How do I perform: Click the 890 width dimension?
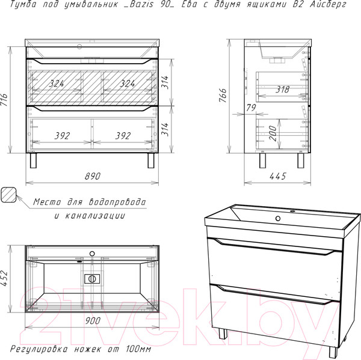93,176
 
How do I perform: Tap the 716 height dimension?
4,100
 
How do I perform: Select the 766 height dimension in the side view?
223,95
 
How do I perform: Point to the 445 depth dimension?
277,176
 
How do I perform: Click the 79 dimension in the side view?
251,108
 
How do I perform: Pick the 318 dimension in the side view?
283,90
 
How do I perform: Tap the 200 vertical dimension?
273,133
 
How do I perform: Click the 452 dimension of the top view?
4,278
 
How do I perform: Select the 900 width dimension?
93,321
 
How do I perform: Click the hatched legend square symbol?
8,194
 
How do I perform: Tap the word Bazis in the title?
141,4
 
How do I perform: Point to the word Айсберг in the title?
328,4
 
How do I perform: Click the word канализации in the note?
95,216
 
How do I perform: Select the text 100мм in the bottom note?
139,349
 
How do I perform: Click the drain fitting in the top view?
92,279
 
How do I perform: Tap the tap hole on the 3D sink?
278,218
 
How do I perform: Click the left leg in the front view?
33,160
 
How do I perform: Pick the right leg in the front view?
151,160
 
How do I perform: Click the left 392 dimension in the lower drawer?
62,136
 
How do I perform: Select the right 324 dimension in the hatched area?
128,84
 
